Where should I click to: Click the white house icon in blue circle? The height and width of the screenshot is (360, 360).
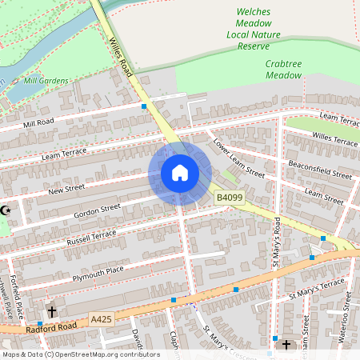(x=180, y=173)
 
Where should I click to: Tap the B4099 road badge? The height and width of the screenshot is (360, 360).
(x=229, y=197)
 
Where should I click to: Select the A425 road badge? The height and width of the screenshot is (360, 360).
(x=102, y=318)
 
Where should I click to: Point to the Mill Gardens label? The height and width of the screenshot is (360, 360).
(x=46, y=81)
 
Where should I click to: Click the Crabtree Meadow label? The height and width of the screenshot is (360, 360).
(x=283, y=69)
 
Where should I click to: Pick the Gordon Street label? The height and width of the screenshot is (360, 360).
(x=97, y=211)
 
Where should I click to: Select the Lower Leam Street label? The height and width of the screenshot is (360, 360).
(x=238, y=157)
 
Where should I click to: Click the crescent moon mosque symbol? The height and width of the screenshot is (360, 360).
(x=6, y=210)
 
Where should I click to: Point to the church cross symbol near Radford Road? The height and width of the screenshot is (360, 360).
(x=52, y=311)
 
